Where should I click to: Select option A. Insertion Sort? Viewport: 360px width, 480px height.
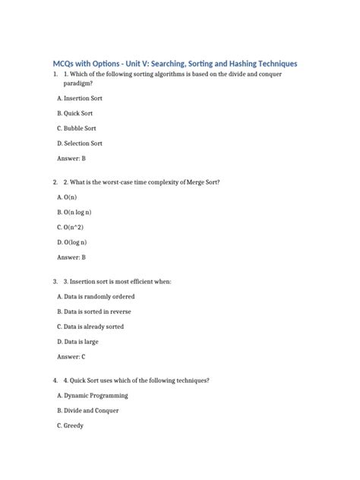pyautogui.click(x=80, y=99)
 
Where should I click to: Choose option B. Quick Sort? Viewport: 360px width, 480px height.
pyautogui.click(x=74, y=113)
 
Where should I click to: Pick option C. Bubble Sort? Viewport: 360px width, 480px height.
pyautogui.click(x=77, y=128)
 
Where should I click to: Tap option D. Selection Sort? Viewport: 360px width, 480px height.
pyautogui.click(x=80, y=143)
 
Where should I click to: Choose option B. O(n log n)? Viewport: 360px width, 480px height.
pyautogui.click(x=80, y=213)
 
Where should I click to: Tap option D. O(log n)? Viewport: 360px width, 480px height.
pyautogui.click(x=72, y=242)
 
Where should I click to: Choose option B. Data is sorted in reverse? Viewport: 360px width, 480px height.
pyautogui.click(x=94, y=311)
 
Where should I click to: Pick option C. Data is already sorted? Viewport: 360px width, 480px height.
pyautogui.click(x=90, y=327)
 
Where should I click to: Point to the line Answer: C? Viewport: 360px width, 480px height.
pyautogui.click(x=71, y=356)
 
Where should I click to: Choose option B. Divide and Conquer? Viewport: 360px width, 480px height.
pyautogui.click(x=88, y=411)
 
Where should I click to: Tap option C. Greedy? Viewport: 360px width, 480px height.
pyautogui.click(x=71, y=425)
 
